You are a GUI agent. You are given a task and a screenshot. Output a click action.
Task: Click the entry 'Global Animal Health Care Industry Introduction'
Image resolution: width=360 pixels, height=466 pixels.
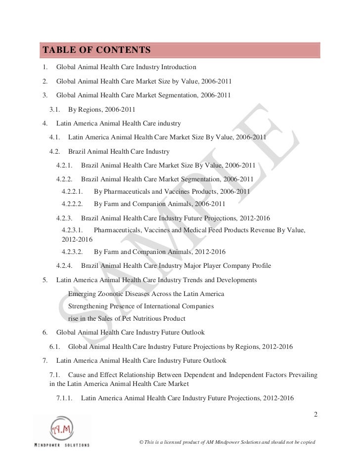127,66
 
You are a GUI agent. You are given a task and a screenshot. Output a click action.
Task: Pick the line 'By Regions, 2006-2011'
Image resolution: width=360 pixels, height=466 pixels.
101,109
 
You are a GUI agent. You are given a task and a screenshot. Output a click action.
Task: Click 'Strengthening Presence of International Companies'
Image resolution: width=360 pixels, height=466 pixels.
141,306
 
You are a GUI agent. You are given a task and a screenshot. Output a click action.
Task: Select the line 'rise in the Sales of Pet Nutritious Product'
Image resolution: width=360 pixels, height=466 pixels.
127,319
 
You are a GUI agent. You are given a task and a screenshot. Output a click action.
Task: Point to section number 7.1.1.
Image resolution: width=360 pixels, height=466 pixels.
64,397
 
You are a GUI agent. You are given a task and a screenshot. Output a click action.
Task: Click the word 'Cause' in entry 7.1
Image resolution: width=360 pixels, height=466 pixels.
78,373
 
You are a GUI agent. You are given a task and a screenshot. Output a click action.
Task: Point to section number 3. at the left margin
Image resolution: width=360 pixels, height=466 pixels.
45,95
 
